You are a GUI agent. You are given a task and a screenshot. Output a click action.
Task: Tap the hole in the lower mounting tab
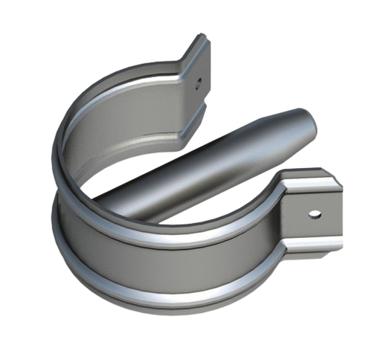pyautogui.click(x=316, y=214)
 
